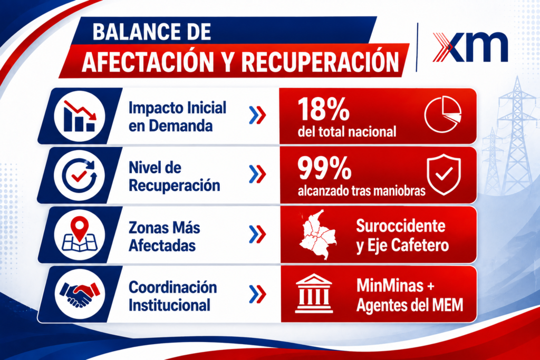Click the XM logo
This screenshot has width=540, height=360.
pyautogui.click(x=470, y=47)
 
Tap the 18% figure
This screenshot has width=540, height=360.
pyautogui.click(x=323, y=109)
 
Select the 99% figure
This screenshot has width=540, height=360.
pyautogui.click(x=324, y=168)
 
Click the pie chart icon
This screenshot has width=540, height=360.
pyautogui.click(x=443, y=114)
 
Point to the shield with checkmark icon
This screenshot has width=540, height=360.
pyautogui.click(x=443, y=174)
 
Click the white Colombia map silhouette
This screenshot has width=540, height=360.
pyautogui.click(x=317, y=235)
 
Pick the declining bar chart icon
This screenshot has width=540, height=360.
pyautogui.click(x=80, y=116)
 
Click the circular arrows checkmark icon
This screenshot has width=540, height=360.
pyautogui.click(x=80, y=175)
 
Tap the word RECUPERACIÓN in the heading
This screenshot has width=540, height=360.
pyautogui.click(x=320, y=62)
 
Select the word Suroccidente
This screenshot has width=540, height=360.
pyautogui.click(x=401, y=226)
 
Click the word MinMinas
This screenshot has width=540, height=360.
pyautogui.click(x=390, y=286)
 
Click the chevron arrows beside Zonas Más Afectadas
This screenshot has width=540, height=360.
pyautogui.click(x=257, y=235)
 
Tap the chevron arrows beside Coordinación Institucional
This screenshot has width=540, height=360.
pyautogui.click(x=257, y=294)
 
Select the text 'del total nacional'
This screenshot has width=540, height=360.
pyautogui.click(x=347, y=132)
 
